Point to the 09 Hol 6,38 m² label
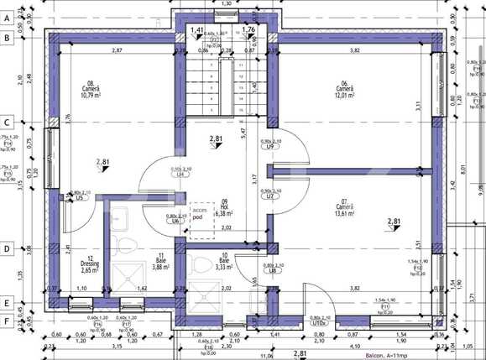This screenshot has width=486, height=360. (222, 208)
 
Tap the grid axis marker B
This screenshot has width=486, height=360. (6, 38)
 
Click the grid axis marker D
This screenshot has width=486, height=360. (6, 249)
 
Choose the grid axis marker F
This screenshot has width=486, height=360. (6, 321)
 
